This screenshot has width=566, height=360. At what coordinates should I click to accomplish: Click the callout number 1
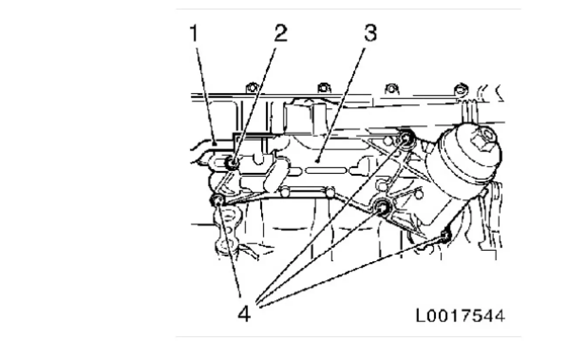tap(194, 33)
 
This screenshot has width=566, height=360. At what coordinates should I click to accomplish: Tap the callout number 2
tap(281, 33)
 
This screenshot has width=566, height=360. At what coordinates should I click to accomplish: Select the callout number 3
tap(370, 33)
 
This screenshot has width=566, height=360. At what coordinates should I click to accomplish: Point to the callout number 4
tap(244, 314)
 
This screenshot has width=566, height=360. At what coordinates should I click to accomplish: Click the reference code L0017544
tap(460, 316)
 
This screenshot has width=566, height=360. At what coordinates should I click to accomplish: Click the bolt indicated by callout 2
tap(232, 163)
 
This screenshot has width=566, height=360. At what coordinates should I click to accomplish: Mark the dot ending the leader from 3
tap(318, 161)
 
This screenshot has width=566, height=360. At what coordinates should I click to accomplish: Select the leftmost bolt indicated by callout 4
tap(217, 201)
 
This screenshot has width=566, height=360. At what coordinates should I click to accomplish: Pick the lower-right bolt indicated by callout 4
tap(445, 235)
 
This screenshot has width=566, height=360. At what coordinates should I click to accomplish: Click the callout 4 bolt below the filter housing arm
tap(382, 207)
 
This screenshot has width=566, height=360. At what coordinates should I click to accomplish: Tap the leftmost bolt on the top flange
tap(252, 88)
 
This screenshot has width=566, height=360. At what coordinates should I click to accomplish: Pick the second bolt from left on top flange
tap(324, 88)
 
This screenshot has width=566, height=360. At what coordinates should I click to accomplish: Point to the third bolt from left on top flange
tap(392, 89)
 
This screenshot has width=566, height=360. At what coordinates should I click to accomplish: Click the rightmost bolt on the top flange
tap(461, 90)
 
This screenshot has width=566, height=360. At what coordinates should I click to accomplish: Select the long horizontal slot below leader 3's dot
tap(326, 170)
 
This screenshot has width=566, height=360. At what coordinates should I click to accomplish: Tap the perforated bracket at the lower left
tap(228, 230)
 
